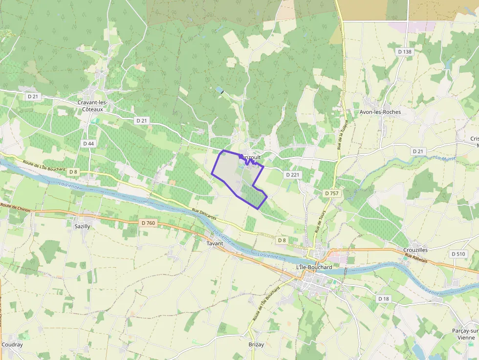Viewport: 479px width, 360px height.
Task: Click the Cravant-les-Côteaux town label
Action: click(92, 106)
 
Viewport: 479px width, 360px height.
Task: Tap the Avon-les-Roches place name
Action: click(380, 112)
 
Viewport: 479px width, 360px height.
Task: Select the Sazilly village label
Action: click(82, 227)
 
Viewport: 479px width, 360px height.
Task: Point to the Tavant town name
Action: click(215, 243)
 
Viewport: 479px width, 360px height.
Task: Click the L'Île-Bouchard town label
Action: click(314, 268)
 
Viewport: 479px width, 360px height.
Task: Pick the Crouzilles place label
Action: click(415, 250)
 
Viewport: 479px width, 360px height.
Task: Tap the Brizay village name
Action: click(256, 344)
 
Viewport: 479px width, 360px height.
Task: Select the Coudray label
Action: click(12, 344)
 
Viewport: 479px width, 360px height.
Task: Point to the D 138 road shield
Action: click(405, 51)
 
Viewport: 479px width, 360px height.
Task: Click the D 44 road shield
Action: click(88, 144)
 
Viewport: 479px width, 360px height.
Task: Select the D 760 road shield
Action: click(148, 223)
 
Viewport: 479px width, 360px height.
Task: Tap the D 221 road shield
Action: click(292, 174)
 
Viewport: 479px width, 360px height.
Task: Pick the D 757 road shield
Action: click(331, 193)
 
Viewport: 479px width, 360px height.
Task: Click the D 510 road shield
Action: click(458, 254)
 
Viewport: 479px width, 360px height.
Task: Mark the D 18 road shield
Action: click(384, 298)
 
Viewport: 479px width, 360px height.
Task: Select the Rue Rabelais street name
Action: click(415, 259)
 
